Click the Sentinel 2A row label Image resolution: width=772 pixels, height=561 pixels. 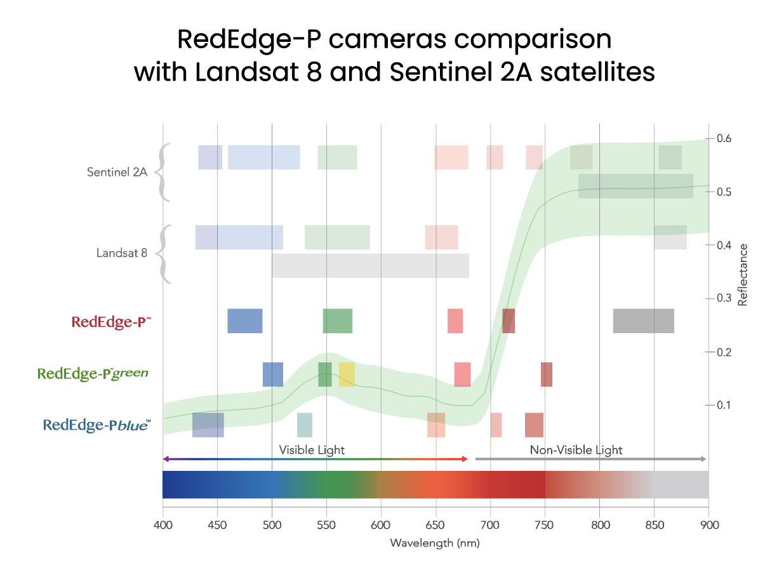[117, 172]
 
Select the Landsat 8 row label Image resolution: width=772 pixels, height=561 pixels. [122, 253]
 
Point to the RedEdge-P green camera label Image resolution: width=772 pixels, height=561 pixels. [93, 373]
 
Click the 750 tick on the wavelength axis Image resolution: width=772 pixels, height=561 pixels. [545, 525]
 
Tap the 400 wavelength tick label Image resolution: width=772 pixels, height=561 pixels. [163, 525]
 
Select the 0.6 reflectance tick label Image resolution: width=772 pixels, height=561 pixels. [724, 138]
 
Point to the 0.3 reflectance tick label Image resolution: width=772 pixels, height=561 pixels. [724, 298]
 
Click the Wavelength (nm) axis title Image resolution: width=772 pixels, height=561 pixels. [435, 543]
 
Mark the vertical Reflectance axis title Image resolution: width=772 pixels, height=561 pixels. [742, 274]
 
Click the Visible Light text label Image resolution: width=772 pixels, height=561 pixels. [312, 450]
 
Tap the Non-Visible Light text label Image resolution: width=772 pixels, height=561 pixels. [576, 450]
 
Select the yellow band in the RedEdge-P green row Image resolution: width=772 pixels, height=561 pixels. [347, 374]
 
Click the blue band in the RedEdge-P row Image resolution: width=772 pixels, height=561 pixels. [245, 320]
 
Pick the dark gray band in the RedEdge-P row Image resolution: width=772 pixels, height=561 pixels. [643, 320]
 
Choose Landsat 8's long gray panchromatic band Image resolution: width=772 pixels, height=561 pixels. [370, 265]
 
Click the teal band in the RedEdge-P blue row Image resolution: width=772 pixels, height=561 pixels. [305, 425]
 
